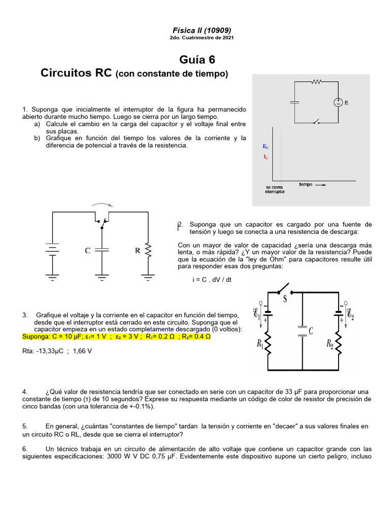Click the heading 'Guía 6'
click(x=194, y=60)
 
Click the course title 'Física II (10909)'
click(x=195, y=30)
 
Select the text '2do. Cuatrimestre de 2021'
click(x=195, y=38)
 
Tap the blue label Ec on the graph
click(x=266, y=146)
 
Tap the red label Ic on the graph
click(x=266, y=156)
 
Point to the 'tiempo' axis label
click(x=305, y=185)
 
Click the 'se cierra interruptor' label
click(x=275, y=189)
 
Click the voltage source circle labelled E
click(x=338, y=102)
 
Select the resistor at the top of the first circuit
click(x=317, y=81)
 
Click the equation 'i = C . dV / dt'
click(x=212, y=280)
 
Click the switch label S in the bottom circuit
click(x=285, y=299)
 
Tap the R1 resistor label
click(x=259, y=345)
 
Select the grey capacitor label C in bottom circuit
click(x=311, y=332)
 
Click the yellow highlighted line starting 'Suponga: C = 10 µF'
click(x=117, y=337)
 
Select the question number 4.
click(x=25, y=391)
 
